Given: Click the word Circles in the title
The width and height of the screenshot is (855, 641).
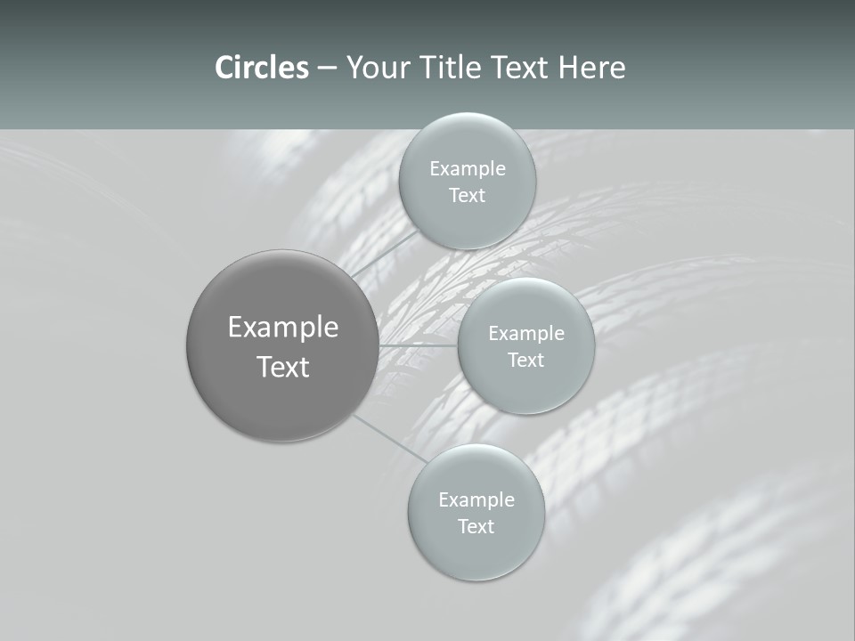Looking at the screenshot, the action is click(x=262, y=68).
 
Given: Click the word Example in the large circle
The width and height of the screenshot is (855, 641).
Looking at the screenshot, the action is click(x=283, y=328).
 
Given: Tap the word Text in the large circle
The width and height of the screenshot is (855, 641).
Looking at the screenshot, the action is click(x=283, y=367).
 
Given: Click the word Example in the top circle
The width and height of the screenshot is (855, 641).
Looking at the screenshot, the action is click(x=468, y=169).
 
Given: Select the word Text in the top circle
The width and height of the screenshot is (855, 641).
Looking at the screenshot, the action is click(x=467, y=196).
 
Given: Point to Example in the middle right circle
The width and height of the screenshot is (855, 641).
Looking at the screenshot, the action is click(x=526, y=334).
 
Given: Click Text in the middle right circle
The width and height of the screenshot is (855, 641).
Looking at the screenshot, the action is click(x=525, y=361).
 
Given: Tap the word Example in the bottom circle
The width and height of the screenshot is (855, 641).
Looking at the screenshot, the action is click(x=476, y=500).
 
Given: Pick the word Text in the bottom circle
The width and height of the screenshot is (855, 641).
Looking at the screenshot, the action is click(x=476, y=527).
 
